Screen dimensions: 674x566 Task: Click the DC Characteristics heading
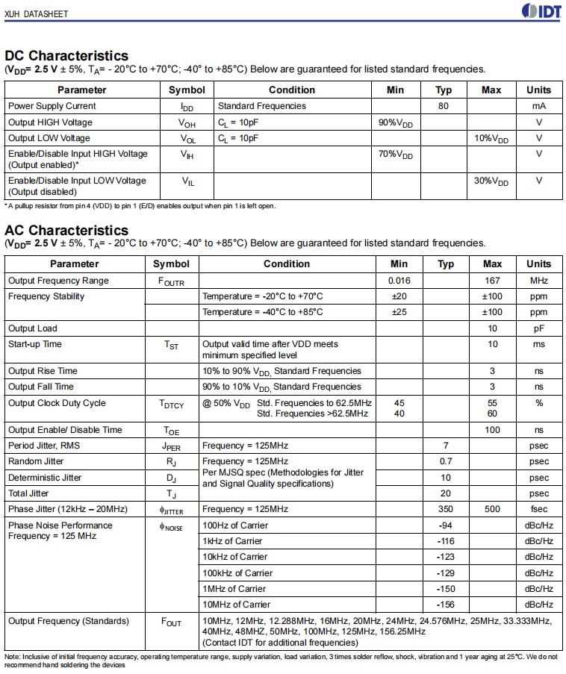click(66, 56)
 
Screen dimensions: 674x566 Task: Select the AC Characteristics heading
click(66, 231)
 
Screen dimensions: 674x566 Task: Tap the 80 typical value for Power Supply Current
click(444, 106)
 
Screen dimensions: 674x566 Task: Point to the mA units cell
click(538, 106)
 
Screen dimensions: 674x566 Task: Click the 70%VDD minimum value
click(395, 155)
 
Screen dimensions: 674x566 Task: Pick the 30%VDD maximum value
click(491, 181)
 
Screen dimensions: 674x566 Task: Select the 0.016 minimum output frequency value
click(399, 281)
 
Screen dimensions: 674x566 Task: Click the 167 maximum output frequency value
click(492, 281)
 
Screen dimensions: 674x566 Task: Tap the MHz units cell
click(538, 281)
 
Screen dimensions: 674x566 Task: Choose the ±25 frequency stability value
click(399, 312)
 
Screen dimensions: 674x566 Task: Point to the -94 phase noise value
click(446, 525)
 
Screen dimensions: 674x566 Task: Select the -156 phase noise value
click(446, 605)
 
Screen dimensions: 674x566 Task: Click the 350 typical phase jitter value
click(446, 509)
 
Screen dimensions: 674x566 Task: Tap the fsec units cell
click(538, 509)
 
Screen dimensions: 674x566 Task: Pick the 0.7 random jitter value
click(446, 461)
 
